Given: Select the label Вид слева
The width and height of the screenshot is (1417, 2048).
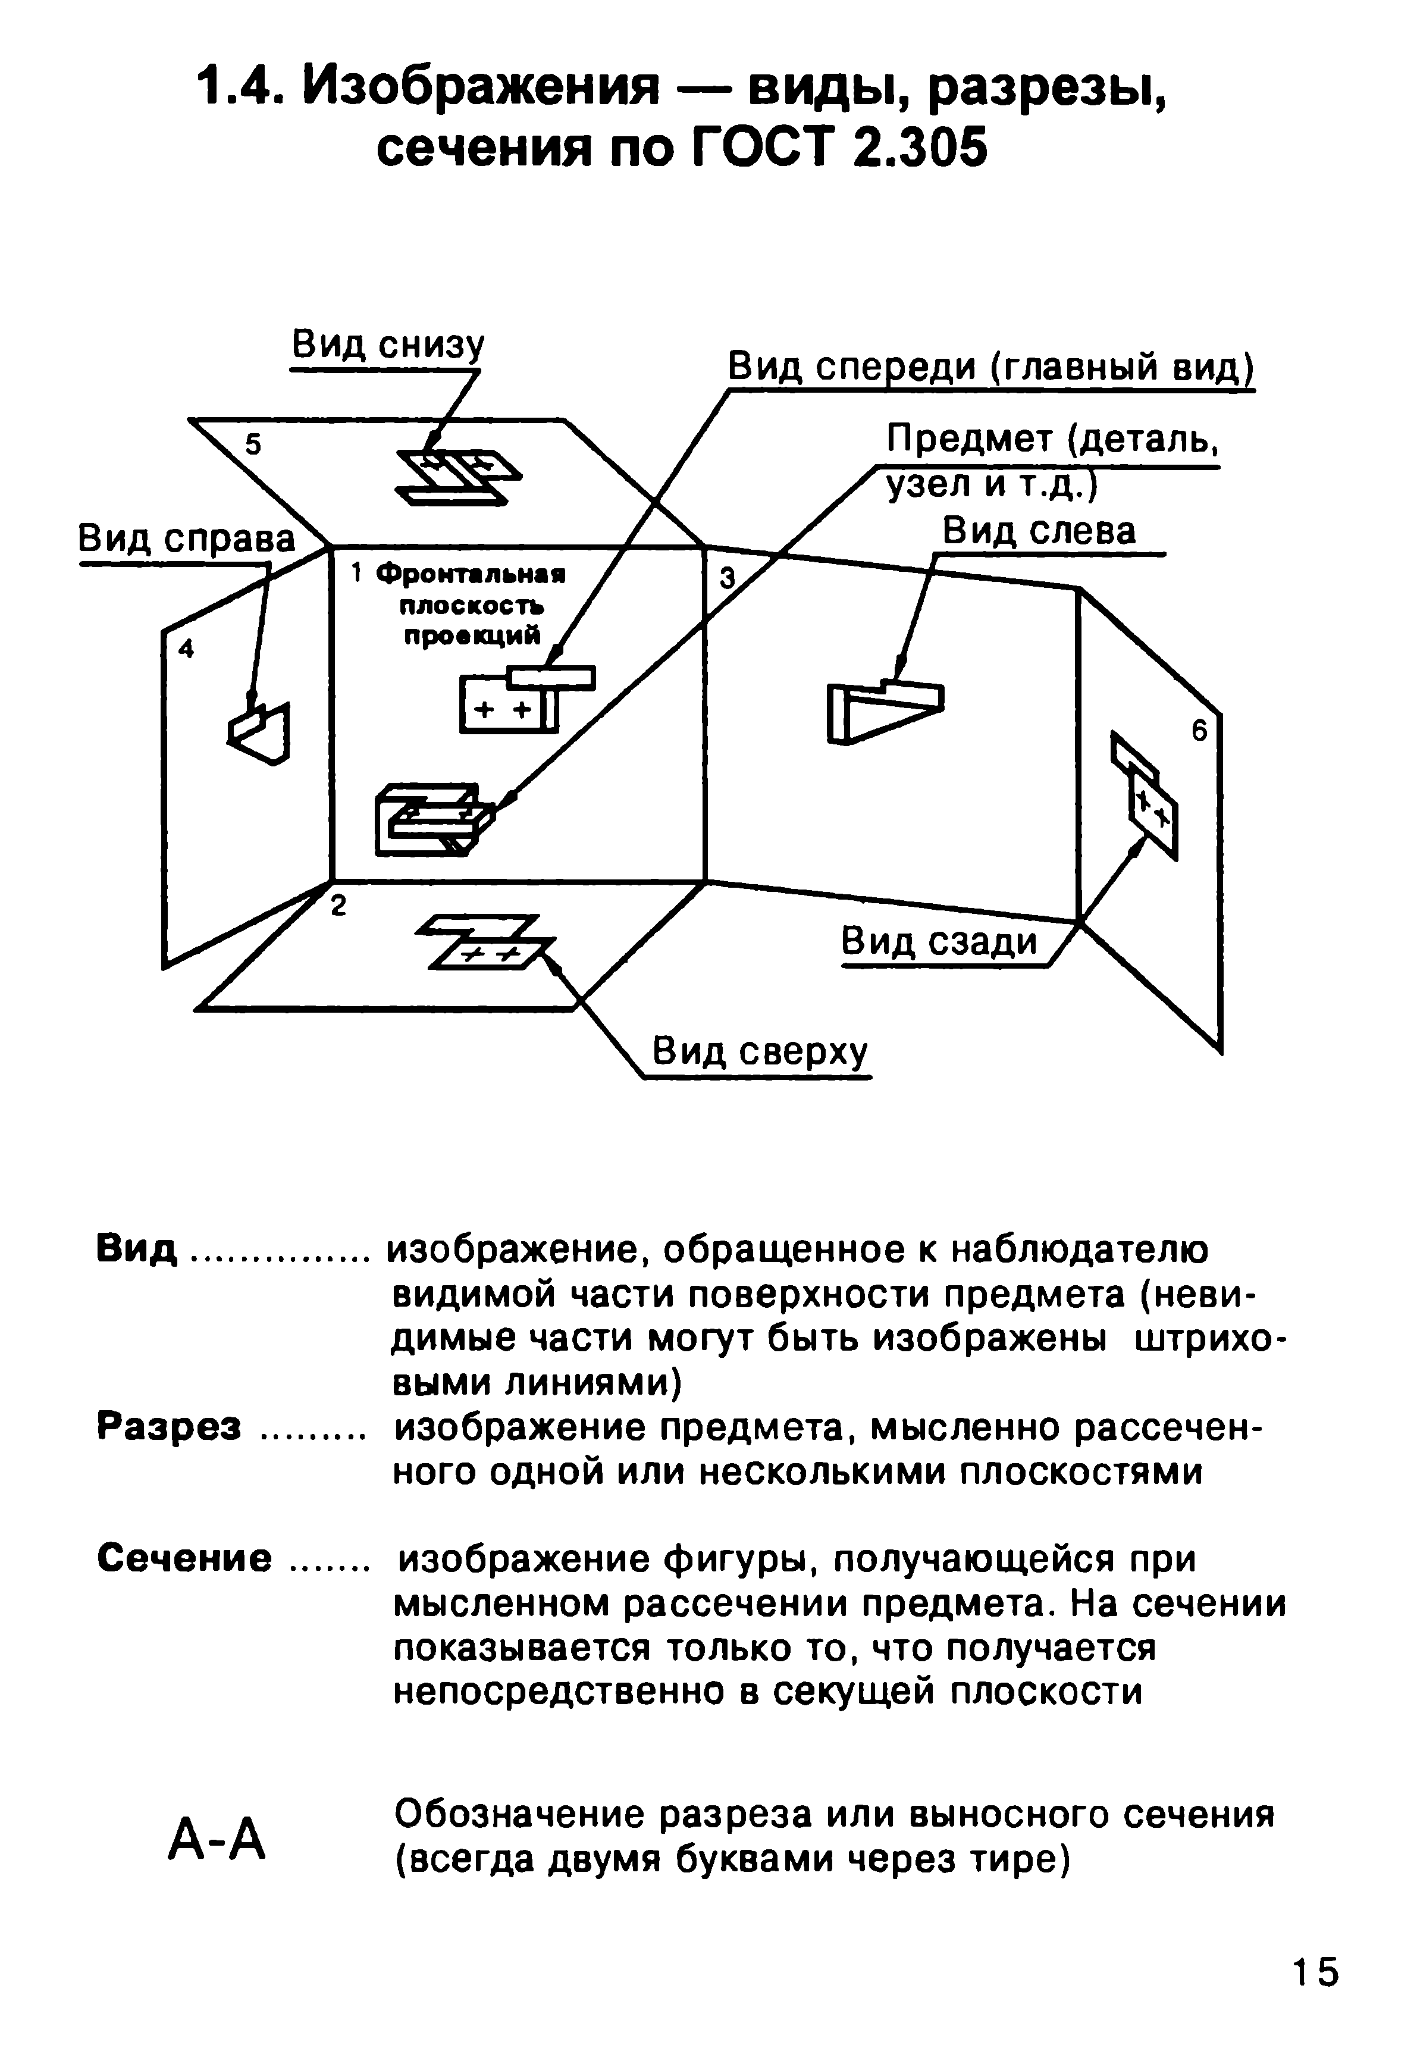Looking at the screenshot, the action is pyautogui.click(x=1039, y=531).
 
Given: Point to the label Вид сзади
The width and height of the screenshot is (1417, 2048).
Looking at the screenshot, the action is pyautogui.click(x=939, y=941).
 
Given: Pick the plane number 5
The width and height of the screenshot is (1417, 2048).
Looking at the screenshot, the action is pyautogui.click(x=254, y=444).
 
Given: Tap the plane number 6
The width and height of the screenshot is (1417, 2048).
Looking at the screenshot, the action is pyautogui.click(x=1199, y=731).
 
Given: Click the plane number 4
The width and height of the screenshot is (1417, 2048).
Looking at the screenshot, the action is pyautogui.click(x=186, y=649).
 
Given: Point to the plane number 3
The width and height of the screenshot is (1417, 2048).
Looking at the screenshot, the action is pyautogui.click(x=727, y=579).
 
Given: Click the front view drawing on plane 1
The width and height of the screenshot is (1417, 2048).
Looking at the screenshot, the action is pyautogui.click(x=528, y=699).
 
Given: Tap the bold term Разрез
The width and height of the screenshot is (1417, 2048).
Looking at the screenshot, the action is pyautogui.click(x=169, y=1427).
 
